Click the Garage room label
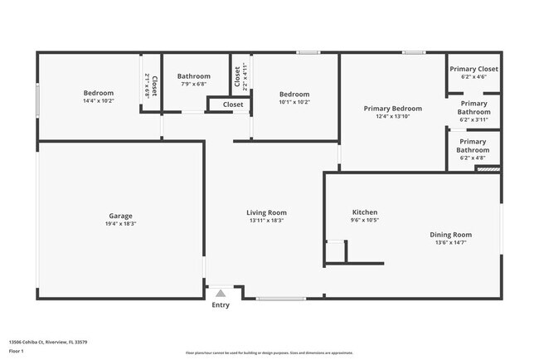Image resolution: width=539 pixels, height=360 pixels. tap(120, 216)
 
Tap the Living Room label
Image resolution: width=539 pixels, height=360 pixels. tap(266, 212)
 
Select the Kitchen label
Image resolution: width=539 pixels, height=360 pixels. tap(365, 212)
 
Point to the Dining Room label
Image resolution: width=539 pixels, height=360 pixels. tap(450, 235)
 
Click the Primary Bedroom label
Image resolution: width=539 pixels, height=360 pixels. tap(393, 108)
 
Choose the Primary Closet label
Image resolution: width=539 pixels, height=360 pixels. tap(473, 69)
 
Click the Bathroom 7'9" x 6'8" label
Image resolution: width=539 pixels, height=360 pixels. tap(194, 76)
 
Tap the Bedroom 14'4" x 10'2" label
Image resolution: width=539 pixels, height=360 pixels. tap(98, 92)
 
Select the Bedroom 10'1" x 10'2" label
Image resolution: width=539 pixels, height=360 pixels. tap(294, 94)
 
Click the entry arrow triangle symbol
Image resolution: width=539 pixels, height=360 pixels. tap(221, 292)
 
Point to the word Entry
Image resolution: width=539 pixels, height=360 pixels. tap(221, 304)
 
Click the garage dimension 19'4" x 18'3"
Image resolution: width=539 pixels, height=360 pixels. tap(120, 224)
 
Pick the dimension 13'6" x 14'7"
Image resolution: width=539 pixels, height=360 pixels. tap(450, 243)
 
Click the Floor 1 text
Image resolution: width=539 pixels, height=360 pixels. tap(17, 351)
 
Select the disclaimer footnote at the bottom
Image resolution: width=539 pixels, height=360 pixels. tap(269, 353)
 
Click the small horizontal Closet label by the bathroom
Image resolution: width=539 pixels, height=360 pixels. tap(233, 105)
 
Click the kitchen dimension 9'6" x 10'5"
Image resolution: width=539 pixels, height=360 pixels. tap(365, 221)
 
